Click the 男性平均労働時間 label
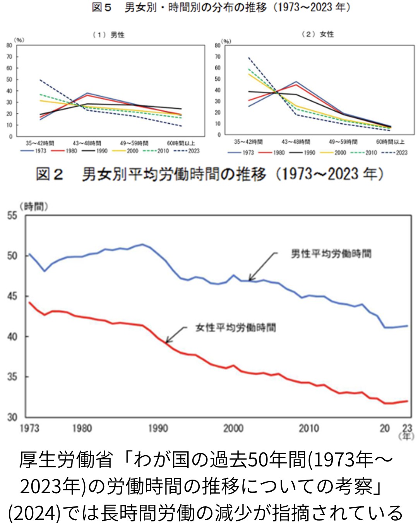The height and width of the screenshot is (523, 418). click(x=331, y=254)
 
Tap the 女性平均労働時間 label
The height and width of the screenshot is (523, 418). click(x=235, y=328)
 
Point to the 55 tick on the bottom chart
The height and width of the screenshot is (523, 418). click(x=12, y=215)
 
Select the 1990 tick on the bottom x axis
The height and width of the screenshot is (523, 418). click(x=158, y=428)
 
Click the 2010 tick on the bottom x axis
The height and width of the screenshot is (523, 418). click(x=308, y=428)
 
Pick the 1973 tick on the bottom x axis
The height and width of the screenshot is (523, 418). click(x=29, y=428)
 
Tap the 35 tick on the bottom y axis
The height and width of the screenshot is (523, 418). click(x=12, y=377)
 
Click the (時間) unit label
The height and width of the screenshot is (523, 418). click(x=34, y=206)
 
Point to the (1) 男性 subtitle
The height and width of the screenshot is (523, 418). click(x=108, y=35)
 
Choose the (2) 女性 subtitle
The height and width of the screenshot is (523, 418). click(x=317, y=34)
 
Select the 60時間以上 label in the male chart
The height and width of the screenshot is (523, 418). click(x=181, y=143)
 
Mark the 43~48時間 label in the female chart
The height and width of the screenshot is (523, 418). click(x=296, y=142)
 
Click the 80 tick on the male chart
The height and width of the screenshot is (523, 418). click(x=9, y=45)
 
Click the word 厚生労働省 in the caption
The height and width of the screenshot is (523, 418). click(x=66, y=460)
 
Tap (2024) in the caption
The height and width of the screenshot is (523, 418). click(x=34, y=513)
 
